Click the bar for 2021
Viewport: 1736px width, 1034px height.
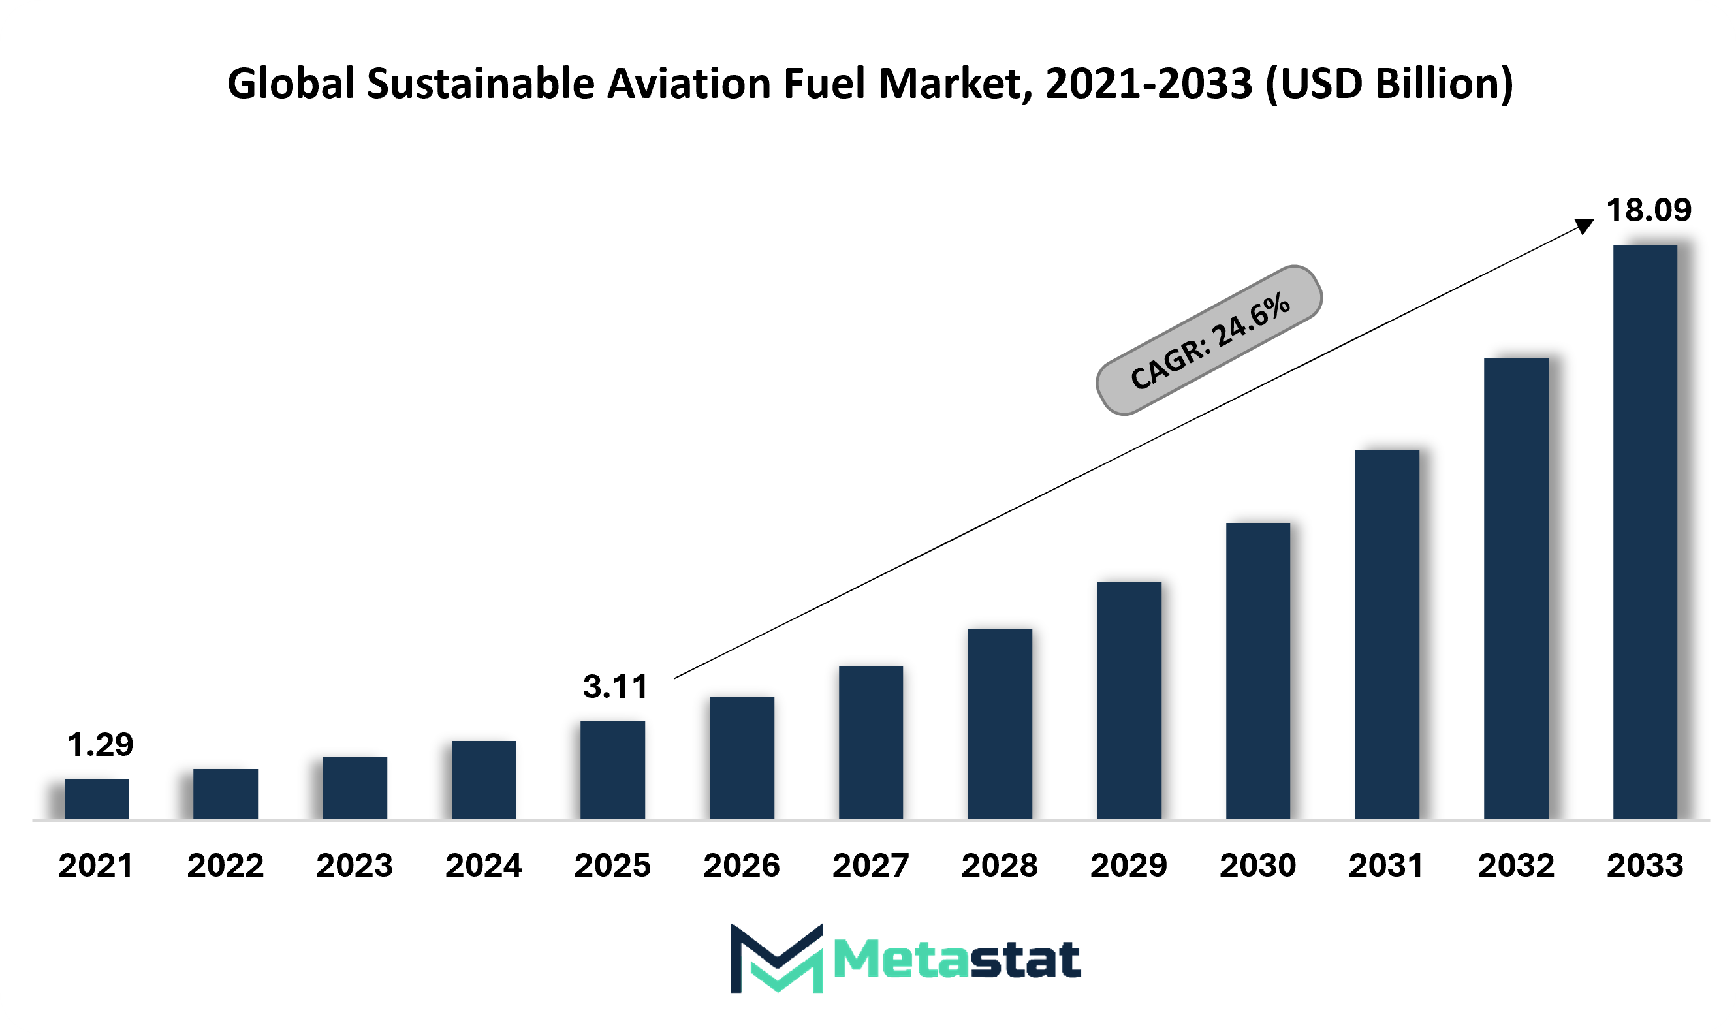pos(96,798)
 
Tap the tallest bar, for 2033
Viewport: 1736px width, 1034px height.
pos(1645,531)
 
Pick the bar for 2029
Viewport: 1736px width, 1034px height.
pos(1129,700)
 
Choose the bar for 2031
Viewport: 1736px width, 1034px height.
pos(1387,634)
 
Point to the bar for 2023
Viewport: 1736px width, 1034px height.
pos(355,787)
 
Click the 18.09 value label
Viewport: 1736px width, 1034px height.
pos(1649,210)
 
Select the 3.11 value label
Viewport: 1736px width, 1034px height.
pos(616,687)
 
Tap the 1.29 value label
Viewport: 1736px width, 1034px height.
pos(101,745)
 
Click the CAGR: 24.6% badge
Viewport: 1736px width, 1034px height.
pos(1209,340)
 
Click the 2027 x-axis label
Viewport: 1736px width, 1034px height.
pos(870,866)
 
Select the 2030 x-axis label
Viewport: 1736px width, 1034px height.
pos(1258,866)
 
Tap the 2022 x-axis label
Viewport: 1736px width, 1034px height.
pos(226,866)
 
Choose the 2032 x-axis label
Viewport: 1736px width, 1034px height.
pos(1517,866)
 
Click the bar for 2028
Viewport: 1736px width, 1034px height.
pos(1000,723)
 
